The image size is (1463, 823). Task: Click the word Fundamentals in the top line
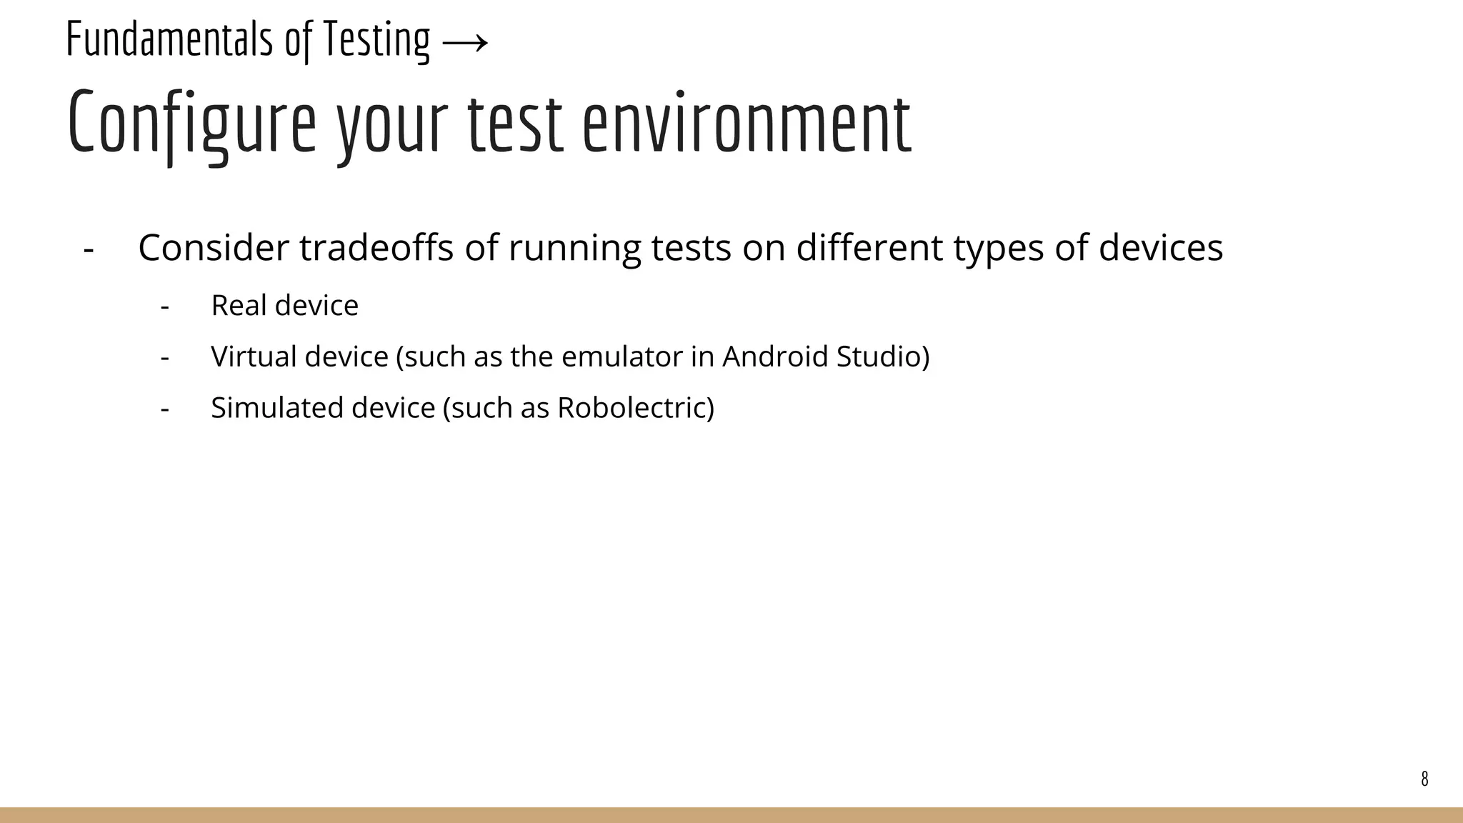(x=169, y=39)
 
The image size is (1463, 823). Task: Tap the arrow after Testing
(x=465, y=43)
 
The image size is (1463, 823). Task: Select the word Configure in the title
(x=191, y=123)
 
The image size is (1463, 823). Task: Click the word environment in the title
(x=747, y=123)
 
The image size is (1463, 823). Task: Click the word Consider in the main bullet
(x=213, y=248)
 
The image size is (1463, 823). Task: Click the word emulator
(x=616, y=356)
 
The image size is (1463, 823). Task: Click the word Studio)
(x=883, y=356)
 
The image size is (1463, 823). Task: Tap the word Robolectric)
(x=635, y=408)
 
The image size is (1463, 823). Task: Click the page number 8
(x=1424, y=779)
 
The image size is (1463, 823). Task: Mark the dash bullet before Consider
(x=89, y=250)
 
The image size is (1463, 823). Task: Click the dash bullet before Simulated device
(x=165, y=409)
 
